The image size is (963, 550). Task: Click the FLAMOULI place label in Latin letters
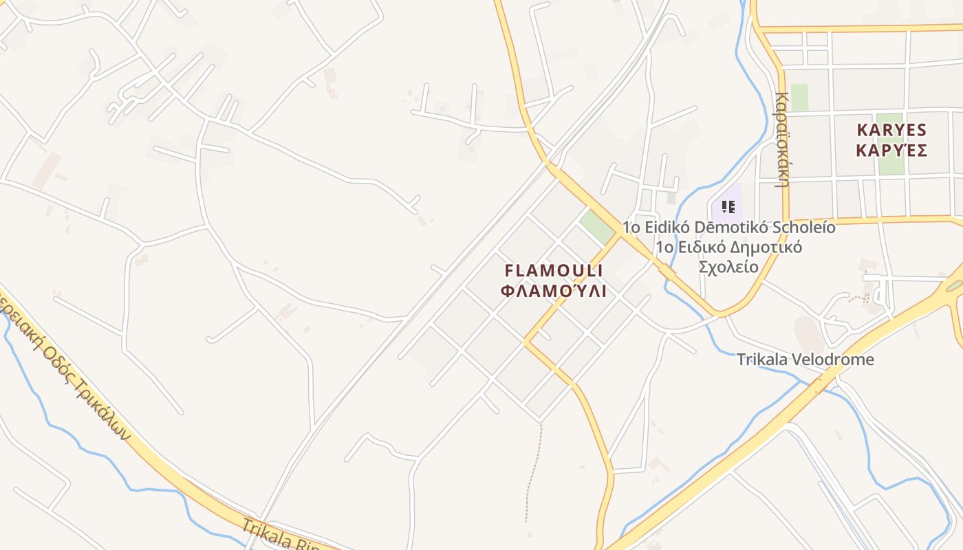554,270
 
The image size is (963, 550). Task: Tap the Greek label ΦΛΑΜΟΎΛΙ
554,291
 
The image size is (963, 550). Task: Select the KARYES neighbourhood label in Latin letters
892,130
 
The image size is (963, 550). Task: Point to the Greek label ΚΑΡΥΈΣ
892,151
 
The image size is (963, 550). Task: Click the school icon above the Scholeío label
728,206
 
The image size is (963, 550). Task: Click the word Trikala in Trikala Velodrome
760,360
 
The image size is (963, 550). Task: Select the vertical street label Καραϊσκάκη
781,140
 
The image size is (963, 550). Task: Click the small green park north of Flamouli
596,226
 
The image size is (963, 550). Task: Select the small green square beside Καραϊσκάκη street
799,97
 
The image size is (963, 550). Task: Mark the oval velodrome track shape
809,334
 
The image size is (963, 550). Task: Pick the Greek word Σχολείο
728,267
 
